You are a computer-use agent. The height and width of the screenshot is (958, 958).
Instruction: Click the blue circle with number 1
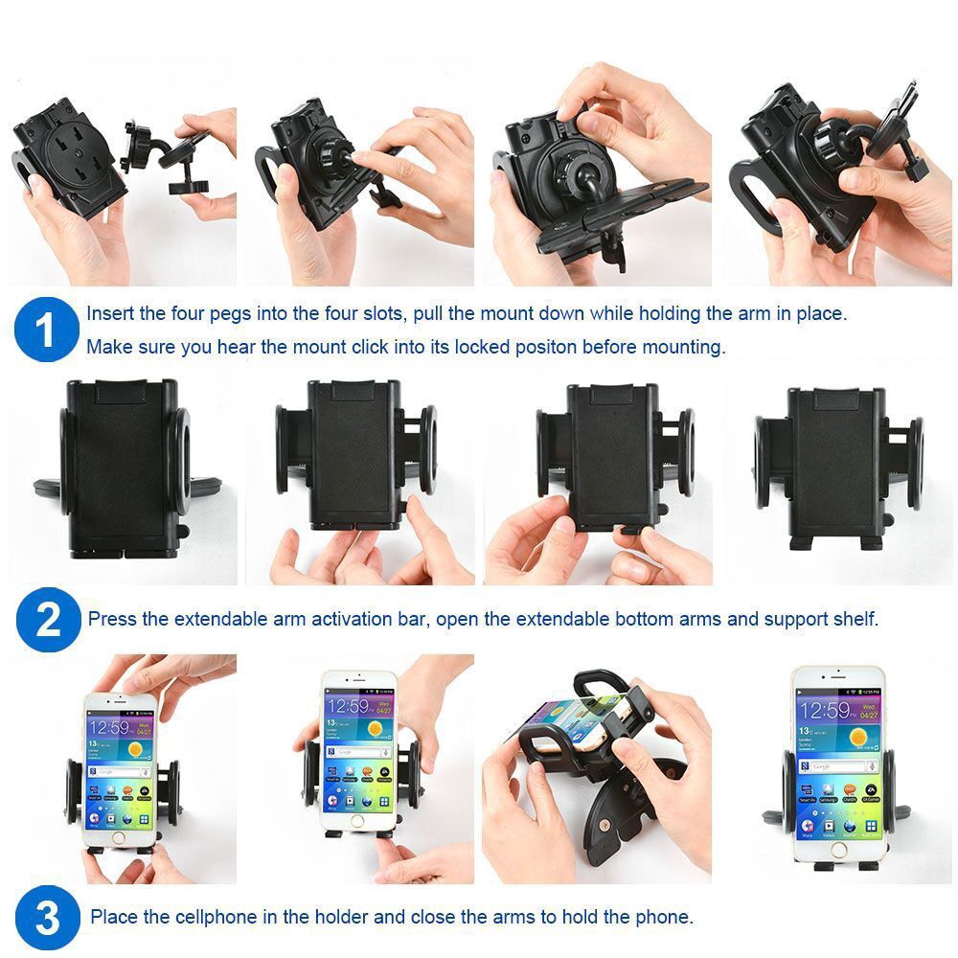(x=46, y=331)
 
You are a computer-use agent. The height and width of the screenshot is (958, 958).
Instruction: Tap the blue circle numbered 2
(x=46, y=621)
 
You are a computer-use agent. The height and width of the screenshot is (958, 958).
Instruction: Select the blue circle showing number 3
(x=46, y=918)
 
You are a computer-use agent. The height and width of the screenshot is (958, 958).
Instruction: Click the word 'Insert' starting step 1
(x=111, y=313)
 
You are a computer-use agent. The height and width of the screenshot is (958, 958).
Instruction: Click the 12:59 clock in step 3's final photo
(x=823, y=711)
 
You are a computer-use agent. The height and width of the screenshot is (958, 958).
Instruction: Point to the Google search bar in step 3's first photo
(x=115, y=770)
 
